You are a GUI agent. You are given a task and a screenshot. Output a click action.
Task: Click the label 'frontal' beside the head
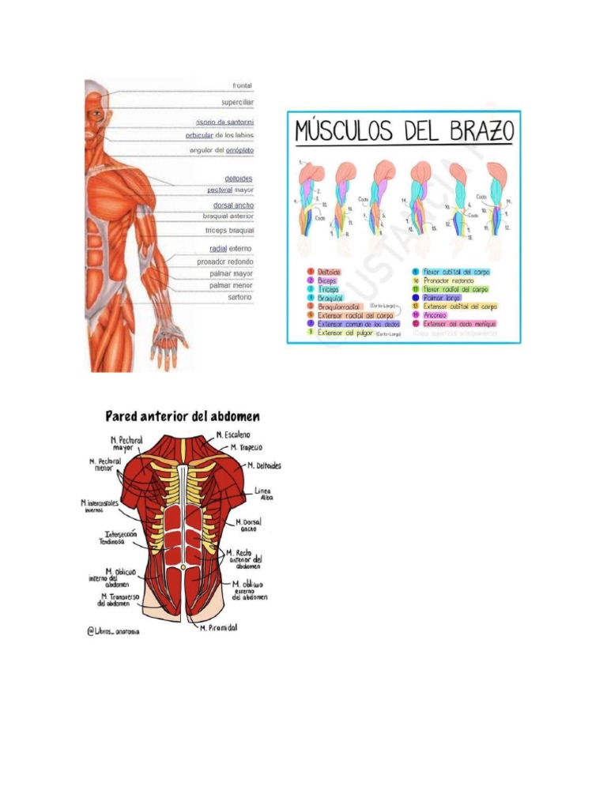[x=242, y=85]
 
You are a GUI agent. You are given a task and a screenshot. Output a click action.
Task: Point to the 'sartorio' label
[x=239, y=297]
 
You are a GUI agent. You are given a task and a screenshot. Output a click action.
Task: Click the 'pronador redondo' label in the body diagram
[x=225, y=262]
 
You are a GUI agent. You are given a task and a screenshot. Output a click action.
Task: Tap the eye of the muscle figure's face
[x=96, y=113]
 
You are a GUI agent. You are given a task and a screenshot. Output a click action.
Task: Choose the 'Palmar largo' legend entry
[x=442, y=298]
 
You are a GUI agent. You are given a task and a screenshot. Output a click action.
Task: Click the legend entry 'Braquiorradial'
[x=339, y=305]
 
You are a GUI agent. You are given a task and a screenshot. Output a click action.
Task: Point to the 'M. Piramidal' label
[x=218, y=627]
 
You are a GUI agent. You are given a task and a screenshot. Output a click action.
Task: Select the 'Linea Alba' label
[x=262, y=494]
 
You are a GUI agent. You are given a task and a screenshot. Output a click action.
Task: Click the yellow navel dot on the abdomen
[x=183, y=567]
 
